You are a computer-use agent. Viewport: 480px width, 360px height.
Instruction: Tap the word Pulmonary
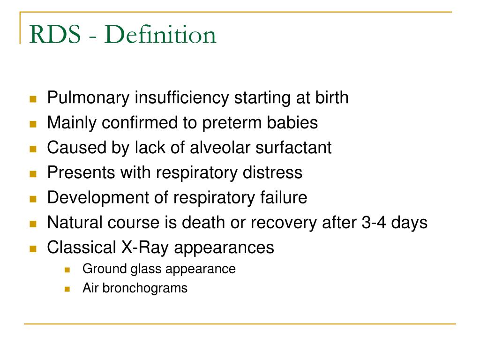[89, 98]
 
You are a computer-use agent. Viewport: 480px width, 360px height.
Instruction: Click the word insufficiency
[182, 98]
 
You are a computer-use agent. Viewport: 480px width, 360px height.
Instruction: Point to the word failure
[284, 197]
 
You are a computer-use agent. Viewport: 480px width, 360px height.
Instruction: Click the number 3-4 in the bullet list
[373, 222]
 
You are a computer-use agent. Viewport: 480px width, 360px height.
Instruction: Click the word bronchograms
[145, 288]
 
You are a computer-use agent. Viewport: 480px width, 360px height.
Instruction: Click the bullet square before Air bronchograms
[67, 288]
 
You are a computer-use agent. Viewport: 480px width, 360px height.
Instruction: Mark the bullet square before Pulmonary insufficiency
[33, 99]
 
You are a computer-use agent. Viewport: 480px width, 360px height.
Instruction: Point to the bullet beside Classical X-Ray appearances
[33, 248]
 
